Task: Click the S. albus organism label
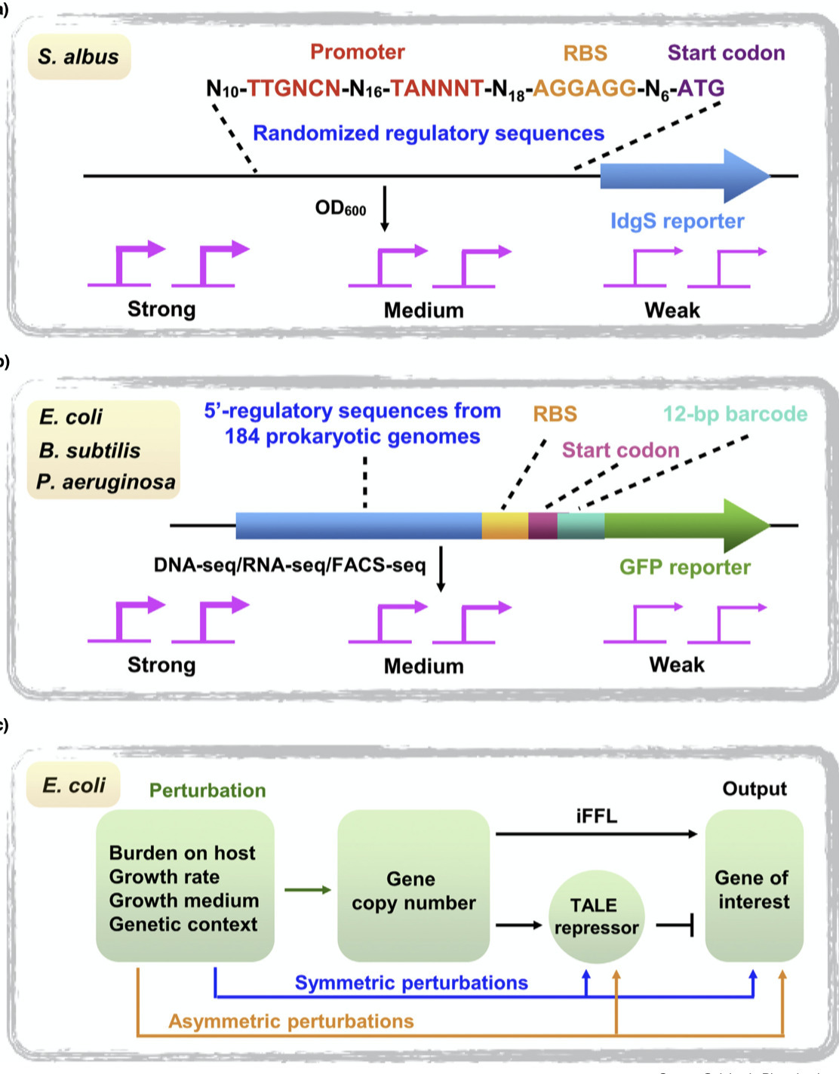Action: tap(78, 57)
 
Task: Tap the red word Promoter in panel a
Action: tap(357, 52)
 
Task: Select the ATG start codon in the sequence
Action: tap(701, 88)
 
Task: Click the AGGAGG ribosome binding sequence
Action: tap(585, 88)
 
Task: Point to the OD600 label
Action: tap(340, 208)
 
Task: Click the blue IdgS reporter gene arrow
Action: tap(679, 176)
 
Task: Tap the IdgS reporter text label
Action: tap(677, 221)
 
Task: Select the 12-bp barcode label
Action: tap(735, 414)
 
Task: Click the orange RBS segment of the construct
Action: tap(505, 526)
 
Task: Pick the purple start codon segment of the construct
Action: tap(542, 526)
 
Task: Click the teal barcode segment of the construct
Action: tap(580, 526)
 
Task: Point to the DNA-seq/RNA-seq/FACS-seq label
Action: tap(290, 565)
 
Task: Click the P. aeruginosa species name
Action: tap(106, 482)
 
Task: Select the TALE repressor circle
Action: tap(596, 916)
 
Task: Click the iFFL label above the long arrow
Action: tap(596, 816)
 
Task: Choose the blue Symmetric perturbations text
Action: tap(411, 983)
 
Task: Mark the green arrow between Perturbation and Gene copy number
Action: tap(307, 890)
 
